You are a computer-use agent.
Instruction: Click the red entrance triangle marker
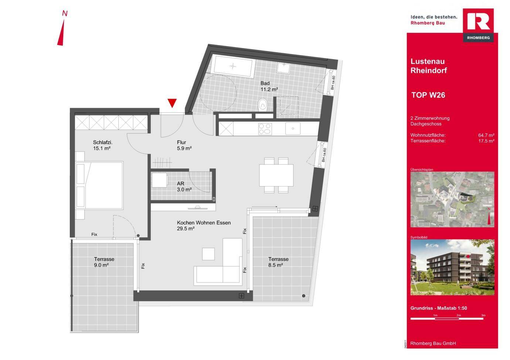172,103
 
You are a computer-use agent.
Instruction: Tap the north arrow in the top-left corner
62,32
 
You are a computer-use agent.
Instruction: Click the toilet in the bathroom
263,104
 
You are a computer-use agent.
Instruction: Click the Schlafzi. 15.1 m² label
102,145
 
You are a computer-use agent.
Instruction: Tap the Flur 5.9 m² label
184,145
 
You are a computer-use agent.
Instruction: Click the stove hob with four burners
265,128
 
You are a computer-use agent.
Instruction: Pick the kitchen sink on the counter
293,128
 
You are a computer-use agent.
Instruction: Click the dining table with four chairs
276,175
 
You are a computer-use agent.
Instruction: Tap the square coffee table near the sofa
208,254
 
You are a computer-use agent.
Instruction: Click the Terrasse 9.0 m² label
104,262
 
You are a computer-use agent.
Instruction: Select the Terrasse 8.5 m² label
278,262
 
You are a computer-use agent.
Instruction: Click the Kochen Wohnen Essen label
204,226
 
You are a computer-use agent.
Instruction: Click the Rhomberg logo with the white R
478,25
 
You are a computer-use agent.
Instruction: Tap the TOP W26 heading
428,95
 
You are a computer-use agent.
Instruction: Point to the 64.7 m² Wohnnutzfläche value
486,135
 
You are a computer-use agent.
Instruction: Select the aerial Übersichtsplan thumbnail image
452,199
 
